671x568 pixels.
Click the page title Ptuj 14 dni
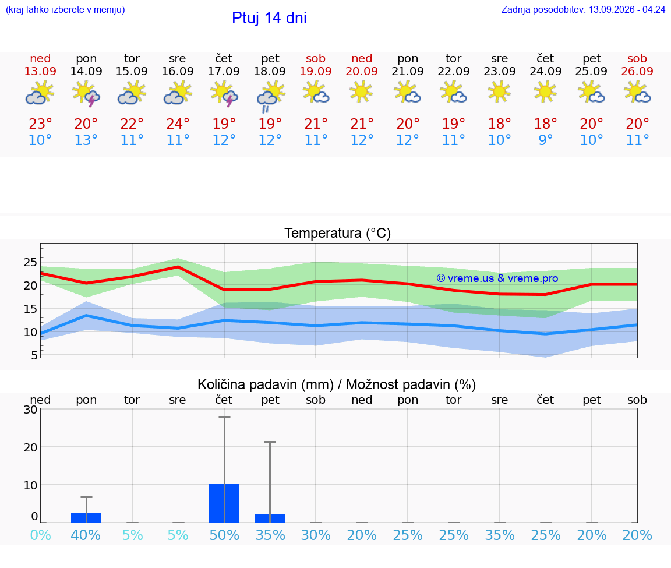[269, 18]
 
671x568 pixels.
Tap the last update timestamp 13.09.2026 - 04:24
[627, 9]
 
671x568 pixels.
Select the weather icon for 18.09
[270, 97]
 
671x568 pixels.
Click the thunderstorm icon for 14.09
[86, 94]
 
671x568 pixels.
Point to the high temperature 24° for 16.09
[178, 124]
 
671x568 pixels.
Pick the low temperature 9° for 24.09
[545, 140]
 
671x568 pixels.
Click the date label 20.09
[362, 71]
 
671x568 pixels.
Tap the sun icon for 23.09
[499, 93]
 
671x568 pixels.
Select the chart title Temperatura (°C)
[338, 233]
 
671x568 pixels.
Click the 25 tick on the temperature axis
[30, 262]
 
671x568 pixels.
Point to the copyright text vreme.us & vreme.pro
[497, 278]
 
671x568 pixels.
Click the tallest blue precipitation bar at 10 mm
[224, 503]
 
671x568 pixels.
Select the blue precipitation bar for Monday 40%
[86, 518]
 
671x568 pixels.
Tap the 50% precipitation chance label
[224, 535]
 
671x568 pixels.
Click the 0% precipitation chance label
[41, 535]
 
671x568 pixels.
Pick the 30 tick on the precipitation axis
[30, 410]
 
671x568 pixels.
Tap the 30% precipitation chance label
[316, 535]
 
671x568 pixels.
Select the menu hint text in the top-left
[65, 9]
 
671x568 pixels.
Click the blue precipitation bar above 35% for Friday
[270, 518]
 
